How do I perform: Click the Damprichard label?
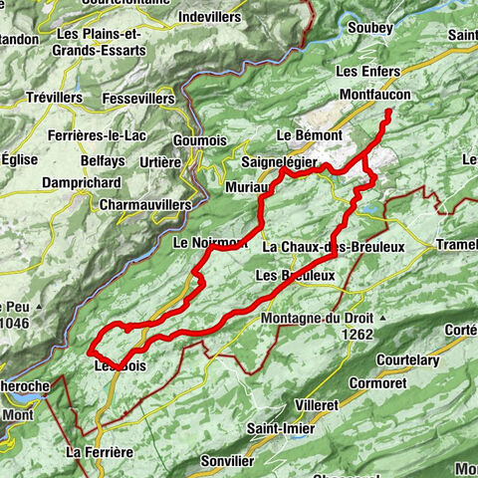click(x=82, y=183)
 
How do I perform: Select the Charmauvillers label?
click(x=144, y=204)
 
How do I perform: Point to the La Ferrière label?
click(x=98, y=452)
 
